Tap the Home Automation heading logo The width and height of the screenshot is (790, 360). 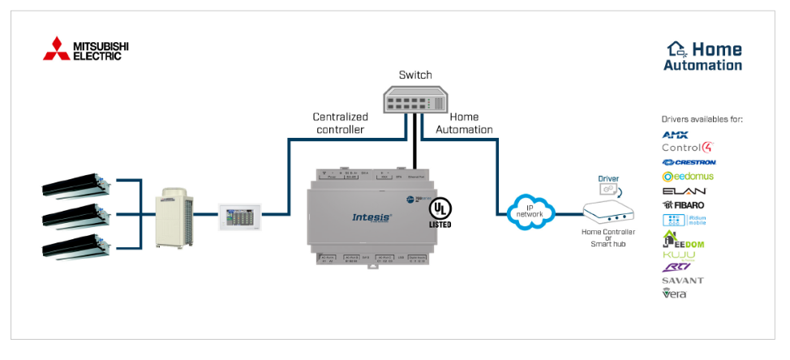(702, 56)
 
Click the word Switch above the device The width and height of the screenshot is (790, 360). (415, 75)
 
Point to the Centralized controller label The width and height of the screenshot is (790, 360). (340, 123)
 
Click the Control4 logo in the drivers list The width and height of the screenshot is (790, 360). (687, 148)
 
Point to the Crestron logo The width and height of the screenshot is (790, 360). (688, 162)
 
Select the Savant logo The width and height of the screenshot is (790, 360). (682, 280)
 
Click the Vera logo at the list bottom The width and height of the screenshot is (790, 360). (675, 294)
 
